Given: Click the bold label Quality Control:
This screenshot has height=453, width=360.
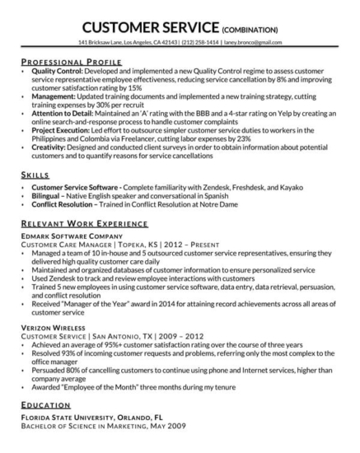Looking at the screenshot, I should pyautogui.click(x=53, y=71).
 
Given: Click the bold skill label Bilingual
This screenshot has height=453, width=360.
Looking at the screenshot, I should pyautogui.click(x=44, y=197).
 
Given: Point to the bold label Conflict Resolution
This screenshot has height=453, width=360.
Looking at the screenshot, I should pyautogui.click(x=58, y=205).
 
